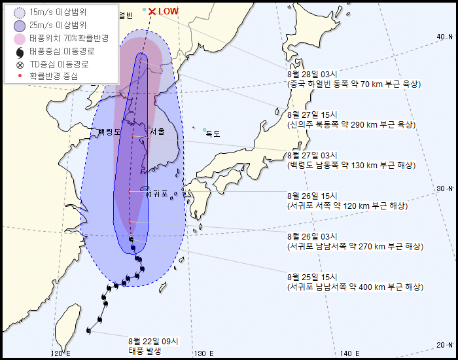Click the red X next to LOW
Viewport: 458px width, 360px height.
pyautogui.click(x=152, y=11)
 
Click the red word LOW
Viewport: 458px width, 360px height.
pyautogui.click(x=169, y=12)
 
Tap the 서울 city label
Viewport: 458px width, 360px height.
pyautogui.click(x=157, y=132)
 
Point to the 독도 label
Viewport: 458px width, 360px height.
pyautogui.click(x=213, y=134)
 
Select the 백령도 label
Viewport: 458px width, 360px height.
pyautogui.click(x=109, y=132)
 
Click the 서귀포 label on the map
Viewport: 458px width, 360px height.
pyautogui.click(x=156, y=194)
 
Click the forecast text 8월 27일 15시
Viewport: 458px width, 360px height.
pyautogui.click(x=310, y=115)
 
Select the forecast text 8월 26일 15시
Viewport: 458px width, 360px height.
pyautogui.click(x=310, y=196)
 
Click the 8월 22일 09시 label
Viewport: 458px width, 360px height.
pyautogui.click(x=153, y=341)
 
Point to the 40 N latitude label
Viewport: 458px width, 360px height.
pyautogui.click(x=443, y=37)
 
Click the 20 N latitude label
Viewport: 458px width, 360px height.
pyautogui.click(x=443, y=344)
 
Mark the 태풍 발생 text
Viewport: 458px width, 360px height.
pyautogui.click(x=145, y=351)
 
